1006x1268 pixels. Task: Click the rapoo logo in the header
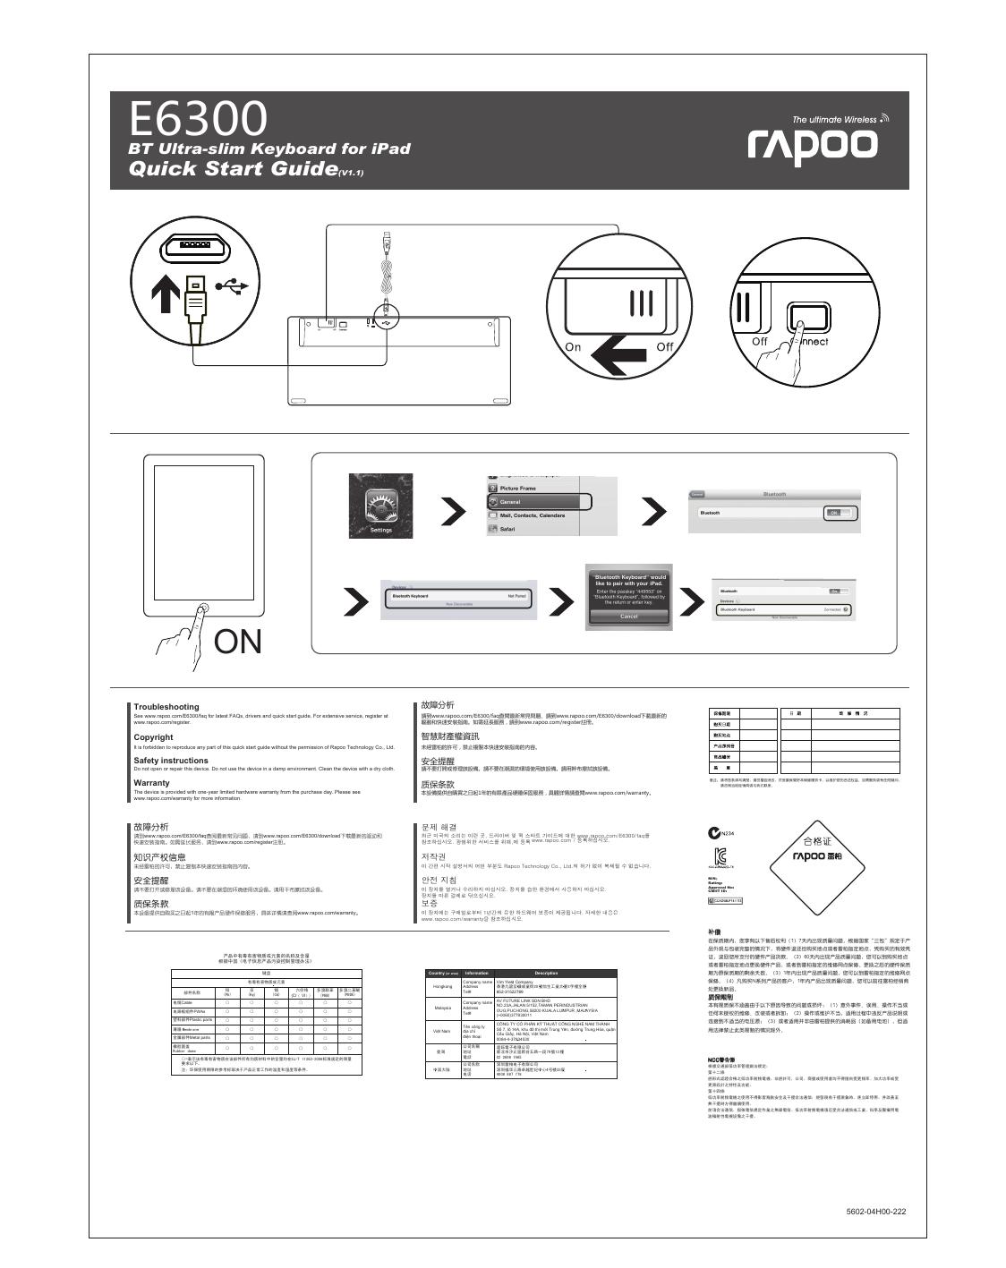pos(813,143)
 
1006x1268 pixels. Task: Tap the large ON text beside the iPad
pos(238,642)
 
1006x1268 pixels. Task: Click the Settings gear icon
pos(381,506)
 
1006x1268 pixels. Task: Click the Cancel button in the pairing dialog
pos(628,617)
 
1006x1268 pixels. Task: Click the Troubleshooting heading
pos(166,707)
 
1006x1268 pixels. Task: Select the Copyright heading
pos(153,737)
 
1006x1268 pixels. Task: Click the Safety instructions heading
pos(171,761)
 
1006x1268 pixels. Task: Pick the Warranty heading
pos(151,783)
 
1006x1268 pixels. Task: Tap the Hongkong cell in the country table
pos(442,986)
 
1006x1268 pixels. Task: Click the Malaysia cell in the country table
pos(442,1008)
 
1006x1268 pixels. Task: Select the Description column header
pos(546,973)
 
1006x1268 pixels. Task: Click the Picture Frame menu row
pos(519,489)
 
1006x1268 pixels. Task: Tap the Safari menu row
pos(507,530)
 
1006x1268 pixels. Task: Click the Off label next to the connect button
pos(759,341)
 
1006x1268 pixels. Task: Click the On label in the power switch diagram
pos(573,347)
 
